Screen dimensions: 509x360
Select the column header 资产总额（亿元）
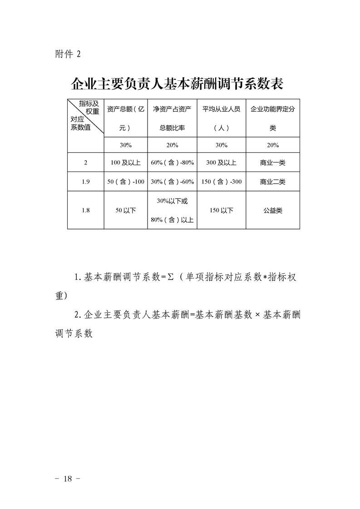tap(126, 118)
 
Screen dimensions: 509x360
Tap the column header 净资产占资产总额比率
tap(172, 118)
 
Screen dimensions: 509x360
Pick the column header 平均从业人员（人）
tap(221, 118)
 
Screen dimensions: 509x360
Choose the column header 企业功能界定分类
tap(272, 118)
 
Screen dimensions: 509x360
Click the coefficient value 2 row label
tap(85, 162)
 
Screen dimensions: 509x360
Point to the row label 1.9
tap(85, 181)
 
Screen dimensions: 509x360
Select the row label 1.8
tap(85, 210)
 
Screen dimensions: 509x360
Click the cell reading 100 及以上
tap(126, 162)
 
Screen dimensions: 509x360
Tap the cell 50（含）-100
tap(126, 181)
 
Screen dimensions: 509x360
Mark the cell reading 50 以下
tap(126, 210)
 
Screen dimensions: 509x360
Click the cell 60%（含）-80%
tap(172, 162)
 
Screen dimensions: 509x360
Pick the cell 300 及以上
tap(221, 162)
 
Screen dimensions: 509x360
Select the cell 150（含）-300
tap(221, 181)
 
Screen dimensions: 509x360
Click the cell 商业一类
tap(272, 162)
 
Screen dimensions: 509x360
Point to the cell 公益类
tap(272, 210)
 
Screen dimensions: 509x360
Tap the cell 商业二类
tap(272, 181)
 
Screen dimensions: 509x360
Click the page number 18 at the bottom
tap(69, 479)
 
